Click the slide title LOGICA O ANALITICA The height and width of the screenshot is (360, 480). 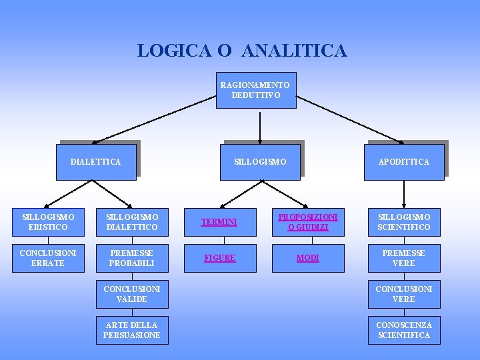pyautogui.click(x=242, y=51)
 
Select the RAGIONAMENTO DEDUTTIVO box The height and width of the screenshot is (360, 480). pyautogui.click(x=256, y=90)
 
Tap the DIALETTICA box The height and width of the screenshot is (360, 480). pyautogui.click(x=96, y=162)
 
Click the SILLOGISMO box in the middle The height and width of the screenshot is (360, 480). pyautogui.click(x=260, y=162)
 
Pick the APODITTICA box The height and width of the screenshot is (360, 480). pyautogui.click(x=404, y=162)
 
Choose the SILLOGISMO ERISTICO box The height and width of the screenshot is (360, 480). pyautogui.click(x=48, y=222)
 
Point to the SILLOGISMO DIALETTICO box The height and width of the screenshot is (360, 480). pyautogui.click(x=132, y=222)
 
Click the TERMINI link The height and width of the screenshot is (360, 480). pyautogui.click(x=219, y=222)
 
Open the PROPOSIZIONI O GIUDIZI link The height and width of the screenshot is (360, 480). pyautogui.click(x=307, y=222)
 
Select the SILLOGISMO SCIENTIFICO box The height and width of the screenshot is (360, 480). pyautogui.click(x=404, y=222)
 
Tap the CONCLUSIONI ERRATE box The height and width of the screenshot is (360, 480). pyautogui.click(x=48, y=258)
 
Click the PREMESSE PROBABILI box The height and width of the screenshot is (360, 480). pyautogui.click(x=132, y=258)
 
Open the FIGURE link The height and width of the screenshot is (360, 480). pyautogui.click(x=219, y=258)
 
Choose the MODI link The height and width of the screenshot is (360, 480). pyautogui.click(x=307, y=258)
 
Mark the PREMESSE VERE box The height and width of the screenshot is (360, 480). pyautogui.click(x=404, y=258)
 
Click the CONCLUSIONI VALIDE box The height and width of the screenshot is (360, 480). pyautogui.click(x=132, y=294)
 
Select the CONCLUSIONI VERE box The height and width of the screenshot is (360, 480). pyautogui.click(x=404, y=294)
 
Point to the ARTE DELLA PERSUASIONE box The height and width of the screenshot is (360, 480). pyautogui.click(x=132, y=330)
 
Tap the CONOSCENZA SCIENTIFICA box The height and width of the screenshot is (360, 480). pyautogui.click(x=404, y=330)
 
